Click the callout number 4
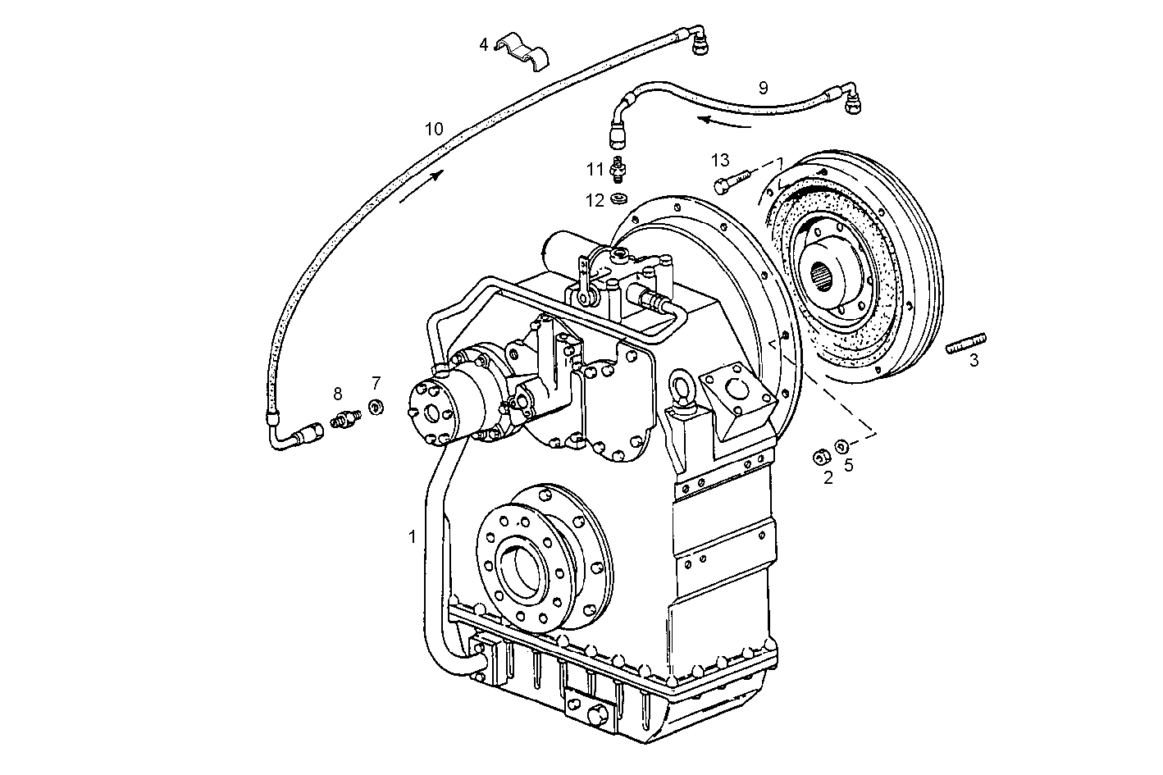click(x=484, y=44)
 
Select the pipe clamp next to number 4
click(x=526, y=51)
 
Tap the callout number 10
click(x=434, y=129)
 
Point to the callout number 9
click(x=763, y=87)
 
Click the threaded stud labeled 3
click(x=966, y=342)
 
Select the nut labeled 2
click(x=819, y=457)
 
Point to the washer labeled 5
click(x=842, y=447)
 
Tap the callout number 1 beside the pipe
click(x=412, y=536)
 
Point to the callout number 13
click(x=719, y=159)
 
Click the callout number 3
click(x=974, y=360)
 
